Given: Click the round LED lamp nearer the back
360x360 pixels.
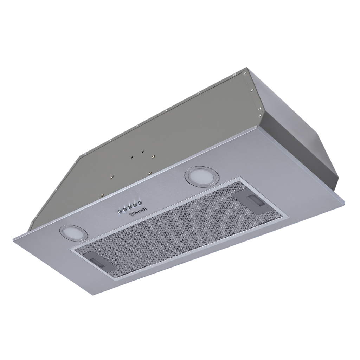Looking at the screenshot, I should point(198,175).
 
